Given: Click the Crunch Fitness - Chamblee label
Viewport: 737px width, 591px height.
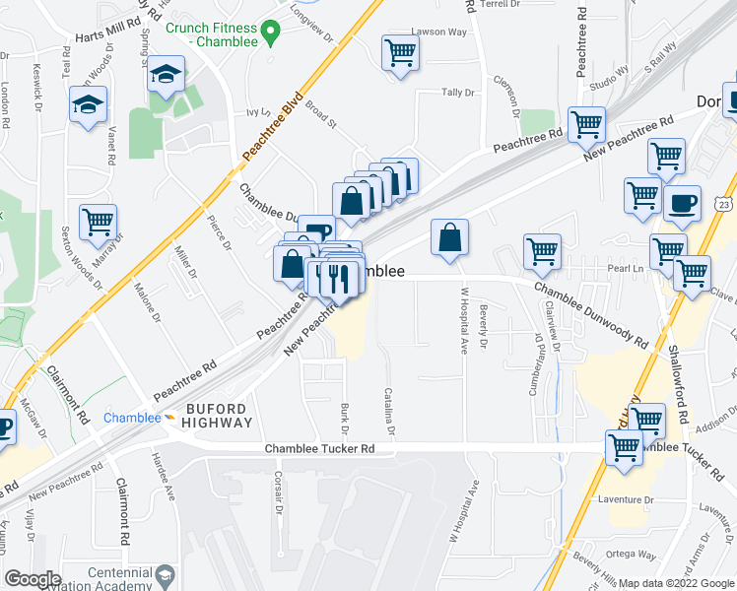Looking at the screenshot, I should pos(211,35).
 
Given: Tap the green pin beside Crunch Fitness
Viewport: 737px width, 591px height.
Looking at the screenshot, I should pos(275,35).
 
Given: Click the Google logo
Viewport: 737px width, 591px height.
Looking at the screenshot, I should pos(33,579).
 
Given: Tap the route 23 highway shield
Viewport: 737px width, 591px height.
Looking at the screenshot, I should pos(725,204).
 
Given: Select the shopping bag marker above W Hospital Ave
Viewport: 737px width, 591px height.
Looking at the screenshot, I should pos(449,238).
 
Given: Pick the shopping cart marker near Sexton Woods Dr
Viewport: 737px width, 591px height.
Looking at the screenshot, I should pos(98,225).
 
